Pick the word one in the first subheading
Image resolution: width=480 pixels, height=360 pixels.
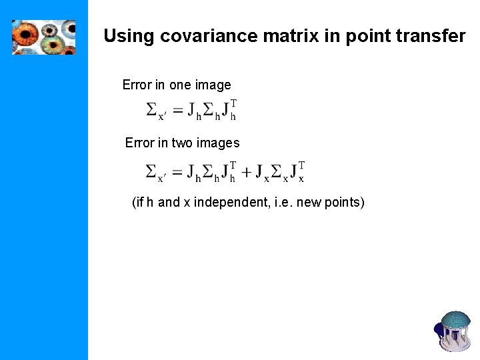click(180, 85)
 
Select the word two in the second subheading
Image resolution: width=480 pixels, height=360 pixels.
click(183, 143)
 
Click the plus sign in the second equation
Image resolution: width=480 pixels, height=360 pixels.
click(247, 172)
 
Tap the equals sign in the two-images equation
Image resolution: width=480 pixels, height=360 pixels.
click(178, 172)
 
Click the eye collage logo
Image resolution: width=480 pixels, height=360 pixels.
click(43, 37)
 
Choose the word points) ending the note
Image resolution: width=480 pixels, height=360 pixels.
click(344, 202)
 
